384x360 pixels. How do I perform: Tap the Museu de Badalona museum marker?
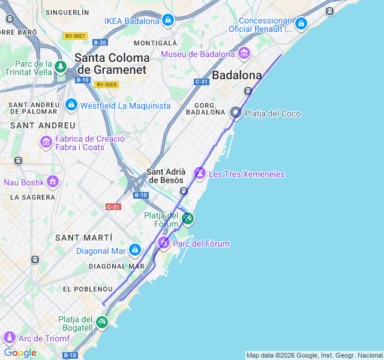[244, 54]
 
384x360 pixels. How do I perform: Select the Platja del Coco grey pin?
[236, 113]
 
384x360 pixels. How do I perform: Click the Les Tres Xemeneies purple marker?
[200, 173]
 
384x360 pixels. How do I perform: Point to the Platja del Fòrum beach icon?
[188, 218]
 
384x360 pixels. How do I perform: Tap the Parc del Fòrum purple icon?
[163, 243]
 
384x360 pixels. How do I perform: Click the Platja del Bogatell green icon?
[101, 322]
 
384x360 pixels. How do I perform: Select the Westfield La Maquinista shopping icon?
[71, 105]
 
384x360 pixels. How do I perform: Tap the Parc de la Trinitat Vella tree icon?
[60, 67]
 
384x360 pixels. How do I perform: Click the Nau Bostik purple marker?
[53, 181]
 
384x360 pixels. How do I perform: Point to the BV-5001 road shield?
[75, 36]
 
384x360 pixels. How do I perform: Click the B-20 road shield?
[100, 42]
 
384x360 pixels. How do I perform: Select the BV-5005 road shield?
[107, 85]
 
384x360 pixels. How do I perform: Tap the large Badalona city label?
[237, 76]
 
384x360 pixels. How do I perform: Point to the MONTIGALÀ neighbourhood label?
[155, 43]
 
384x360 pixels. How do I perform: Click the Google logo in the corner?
[20, 353]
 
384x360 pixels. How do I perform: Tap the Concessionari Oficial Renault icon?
[301, 24]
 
